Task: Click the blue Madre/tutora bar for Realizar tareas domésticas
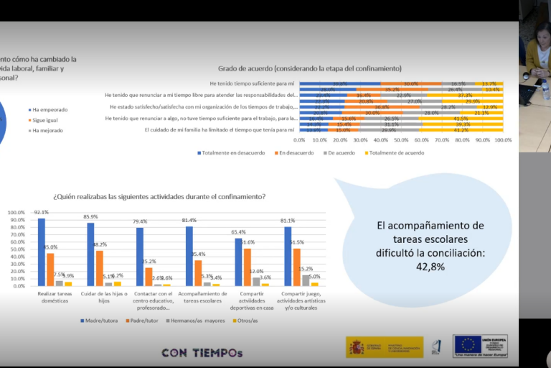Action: pos(41,252)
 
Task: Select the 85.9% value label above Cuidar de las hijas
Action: pos(90,217)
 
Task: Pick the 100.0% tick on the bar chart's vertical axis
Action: pos(16,213)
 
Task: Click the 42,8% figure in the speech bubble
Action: pos(430,267)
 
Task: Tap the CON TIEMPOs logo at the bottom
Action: pos(202,353)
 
